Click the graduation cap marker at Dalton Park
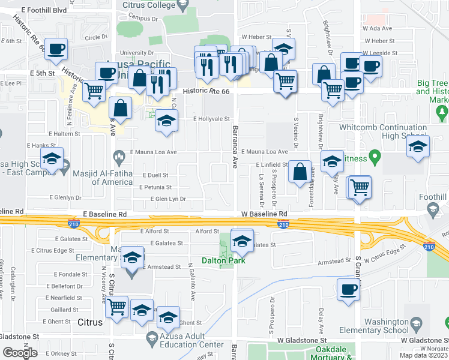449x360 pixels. point(241,241)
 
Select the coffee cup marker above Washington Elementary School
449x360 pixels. point(348,290)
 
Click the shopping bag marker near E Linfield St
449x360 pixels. point(300,172)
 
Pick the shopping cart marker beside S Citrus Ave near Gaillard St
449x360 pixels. point(117,307)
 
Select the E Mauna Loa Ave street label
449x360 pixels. point(154,152)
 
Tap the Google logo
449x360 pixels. point(20,353)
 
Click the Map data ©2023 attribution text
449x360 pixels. point(423,355)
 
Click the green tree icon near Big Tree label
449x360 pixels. point(442,112)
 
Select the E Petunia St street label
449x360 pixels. point(154,187)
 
